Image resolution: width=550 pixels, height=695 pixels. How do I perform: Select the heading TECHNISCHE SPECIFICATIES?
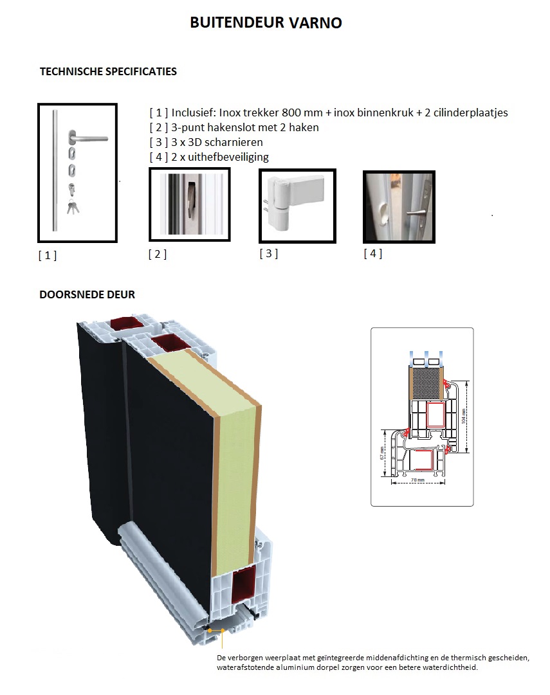[x=108, y=71]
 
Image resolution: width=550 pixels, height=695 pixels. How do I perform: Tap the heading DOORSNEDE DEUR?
[x=87, y=294]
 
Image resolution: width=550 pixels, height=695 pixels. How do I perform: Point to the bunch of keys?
[x=73, y=207]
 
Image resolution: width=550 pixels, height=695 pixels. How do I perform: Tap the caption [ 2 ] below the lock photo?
[x=157, y=254]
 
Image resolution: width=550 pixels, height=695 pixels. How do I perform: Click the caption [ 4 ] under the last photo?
[x=372, y=253]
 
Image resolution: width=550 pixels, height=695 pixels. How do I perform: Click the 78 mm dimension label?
[x=416, y=480]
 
